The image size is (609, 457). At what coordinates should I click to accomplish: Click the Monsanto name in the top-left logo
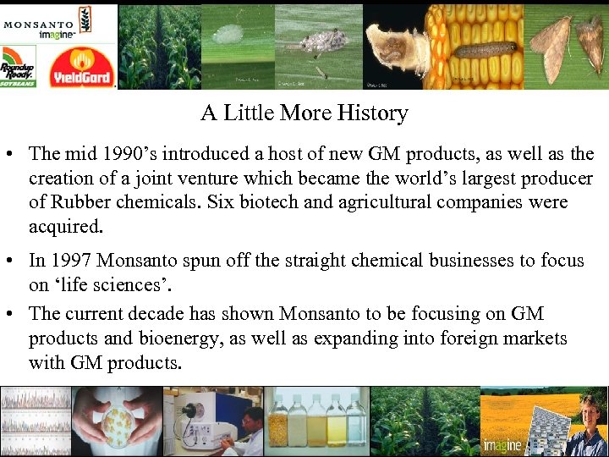(37, 24)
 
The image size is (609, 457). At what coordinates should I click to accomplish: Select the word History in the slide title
(370, 113)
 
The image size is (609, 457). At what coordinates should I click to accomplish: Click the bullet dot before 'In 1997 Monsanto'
(13, 262)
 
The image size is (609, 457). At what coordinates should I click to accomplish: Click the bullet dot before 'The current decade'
(13, 314)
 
